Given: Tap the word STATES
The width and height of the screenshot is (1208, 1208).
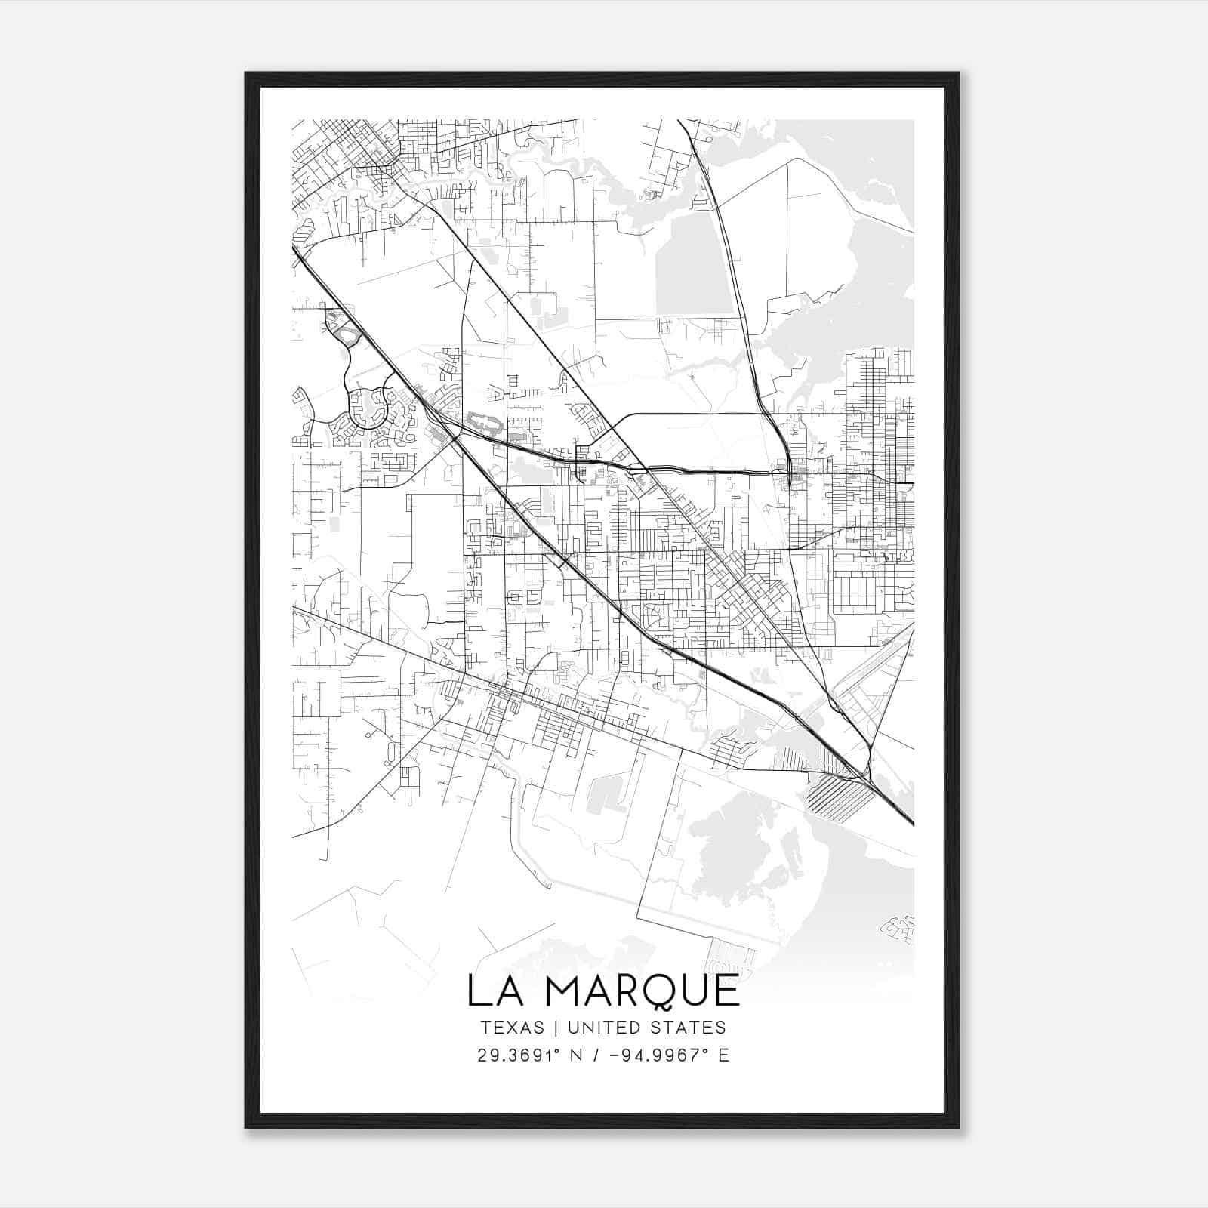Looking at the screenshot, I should coord(686,1028).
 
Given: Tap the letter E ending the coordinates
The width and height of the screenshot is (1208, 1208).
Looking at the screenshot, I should coord(723,1055).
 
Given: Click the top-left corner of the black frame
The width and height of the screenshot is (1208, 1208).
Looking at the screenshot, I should coord(246,73).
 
